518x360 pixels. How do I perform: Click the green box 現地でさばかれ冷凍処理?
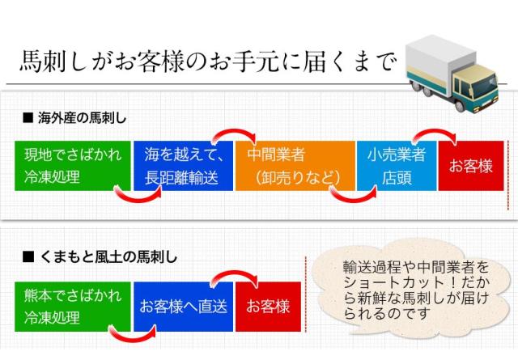click(72, 166)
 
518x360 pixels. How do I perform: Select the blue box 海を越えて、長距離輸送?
click(183, 166)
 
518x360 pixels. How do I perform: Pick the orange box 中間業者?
click(295, 166)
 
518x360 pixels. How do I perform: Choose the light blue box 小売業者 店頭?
click(396, 166)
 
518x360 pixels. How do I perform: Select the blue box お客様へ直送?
click(183, 307)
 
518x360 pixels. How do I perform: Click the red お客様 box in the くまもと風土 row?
click(268, 307)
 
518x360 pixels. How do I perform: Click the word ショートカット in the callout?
click(381, 282)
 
